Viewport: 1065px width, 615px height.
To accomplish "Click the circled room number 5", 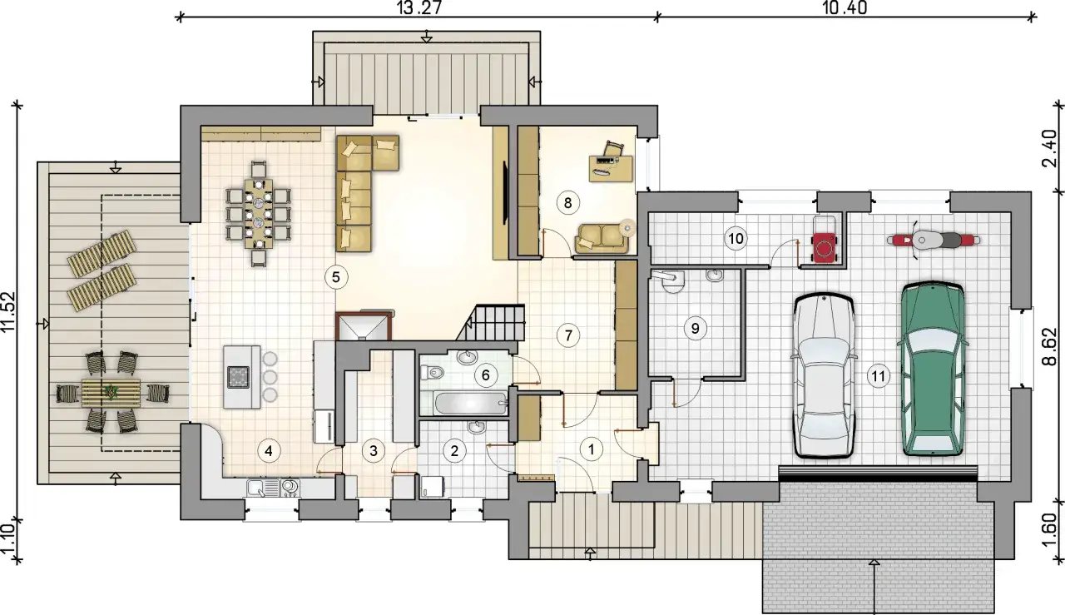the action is [x=336, y=277].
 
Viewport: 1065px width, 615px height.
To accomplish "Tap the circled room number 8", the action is [x=567, y=203].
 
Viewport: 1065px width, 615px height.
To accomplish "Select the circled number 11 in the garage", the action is [x=878, y=376].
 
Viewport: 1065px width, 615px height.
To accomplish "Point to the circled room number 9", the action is [x=695, y=328].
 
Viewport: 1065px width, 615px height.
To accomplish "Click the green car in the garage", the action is [x=931, y=369].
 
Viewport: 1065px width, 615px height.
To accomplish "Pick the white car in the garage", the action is [x=823, y=375].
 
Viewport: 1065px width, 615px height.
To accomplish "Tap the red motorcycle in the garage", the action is [x=934, y=241].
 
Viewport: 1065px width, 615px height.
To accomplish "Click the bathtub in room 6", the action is [x=471, y=404].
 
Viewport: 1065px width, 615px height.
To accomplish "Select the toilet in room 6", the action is [x=432, y=372].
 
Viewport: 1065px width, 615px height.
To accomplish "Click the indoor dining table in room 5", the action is [x=259, y=214].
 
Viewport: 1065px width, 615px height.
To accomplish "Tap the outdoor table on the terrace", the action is [x=111, y=393].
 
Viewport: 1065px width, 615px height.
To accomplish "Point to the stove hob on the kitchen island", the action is [x=238, y=377].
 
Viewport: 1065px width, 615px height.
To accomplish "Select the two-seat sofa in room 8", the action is [x=602, y=239].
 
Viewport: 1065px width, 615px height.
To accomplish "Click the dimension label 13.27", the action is [x=420, y=8].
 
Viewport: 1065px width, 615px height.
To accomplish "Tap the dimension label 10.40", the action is [x=845, y=8].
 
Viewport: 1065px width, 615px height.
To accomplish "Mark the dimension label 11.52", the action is [x=8, y=312].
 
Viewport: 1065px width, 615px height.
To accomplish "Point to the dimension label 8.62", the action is [x=1050, y=346].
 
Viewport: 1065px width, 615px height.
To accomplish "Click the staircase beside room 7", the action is [x=491, y=324].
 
